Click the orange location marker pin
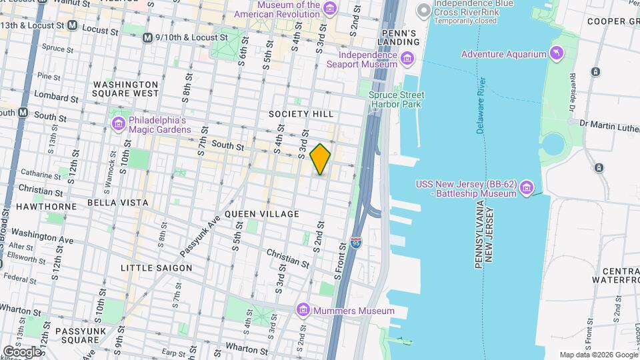(x=320, y=159)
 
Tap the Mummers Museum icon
(x=304, y=310)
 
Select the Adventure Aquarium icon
(x=555, y=53)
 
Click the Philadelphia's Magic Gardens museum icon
(x=119, y=124)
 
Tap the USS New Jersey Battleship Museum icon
(x=527, y=189)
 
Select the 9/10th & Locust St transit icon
(x=147, y=38)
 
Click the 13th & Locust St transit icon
(x=72, y=25)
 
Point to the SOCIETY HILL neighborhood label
(x=301, y=114)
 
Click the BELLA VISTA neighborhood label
(x=117, y=202)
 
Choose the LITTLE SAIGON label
(x=156, y=268)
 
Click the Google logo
(x=22, y=351)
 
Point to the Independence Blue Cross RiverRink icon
(x=423, y=10)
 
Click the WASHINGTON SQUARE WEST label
(x=126, y=89)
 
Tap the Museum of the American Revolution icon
(x=329, y=9)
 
